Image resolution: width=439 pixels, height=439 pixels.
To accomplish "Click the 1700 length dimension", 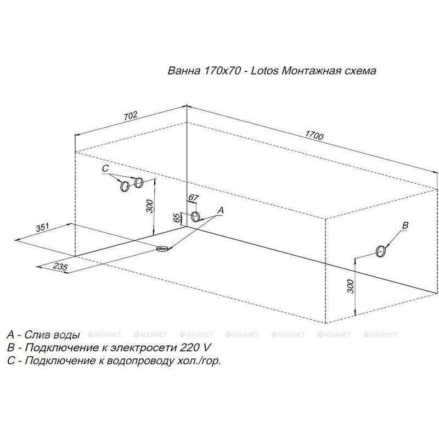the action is tap(314, 136).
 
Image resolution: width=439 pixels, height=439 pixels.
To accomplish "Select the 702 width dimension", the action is tap(131, 115).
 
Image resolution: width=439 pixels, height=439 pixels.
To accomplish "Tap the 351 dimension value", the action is tap(43, 227).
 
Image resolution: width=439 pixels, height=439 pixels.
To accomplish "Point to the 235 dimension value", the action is tap(60, 267).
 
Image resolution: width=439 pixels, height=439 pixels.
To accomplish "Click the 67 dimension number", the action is tap(193, 198).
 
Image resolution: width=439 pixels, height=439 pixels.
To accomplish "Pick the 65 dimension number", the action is tap(177, 218).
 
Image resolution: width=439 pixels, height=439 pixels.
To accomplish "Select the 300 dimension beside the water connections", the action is tap(150, 206).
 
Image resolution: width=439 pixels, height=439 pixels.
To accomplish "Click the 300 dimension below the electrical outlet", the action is tap(351, 286).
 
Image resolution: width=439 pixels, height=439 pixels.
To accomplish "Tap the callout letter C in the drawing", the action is tap(105, 168).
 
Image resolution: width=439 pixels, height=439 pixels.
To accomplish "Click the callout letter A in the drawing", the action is tap(221, 211).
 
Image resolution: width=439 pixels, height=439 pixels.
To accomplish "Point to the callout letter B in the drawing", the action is tap(405, 226).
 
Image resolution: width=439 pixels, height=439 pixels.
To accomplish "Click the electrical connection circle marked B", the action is tap(380, 251).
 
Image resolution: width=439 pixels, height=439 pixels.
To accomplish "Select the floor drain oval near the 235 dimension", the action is tap(163, 249).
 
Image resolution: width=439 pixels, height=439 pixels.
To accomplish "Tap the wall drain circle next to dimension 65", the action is tap(195, 217).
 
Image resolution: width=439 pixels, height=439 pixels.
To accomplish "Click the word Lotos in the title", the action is tap(264, 71).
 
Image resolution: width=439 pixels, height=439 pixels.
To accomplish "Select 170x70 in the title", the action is tap(223, 71).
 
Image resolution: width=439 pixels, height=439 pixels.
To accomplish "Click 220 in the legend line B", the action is tap(187, 348).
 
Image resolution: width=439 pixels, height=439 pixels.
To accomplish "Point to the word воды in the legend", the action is tap(66, 335).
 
